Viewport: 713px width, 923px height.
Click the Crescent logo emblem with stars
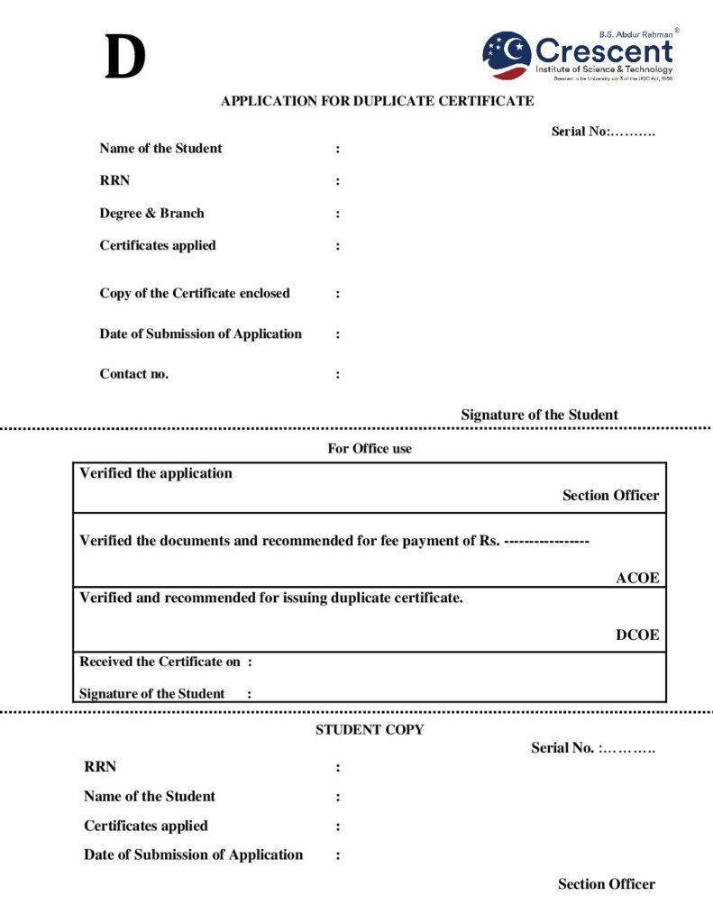[507, 55]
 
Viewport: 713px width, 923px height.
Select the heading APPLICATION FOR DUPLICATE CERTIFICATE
[377, 101]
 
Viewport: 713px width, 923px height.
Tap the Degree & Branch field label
[151, 214]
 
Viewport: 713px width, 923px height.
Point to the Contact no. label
[133, 374]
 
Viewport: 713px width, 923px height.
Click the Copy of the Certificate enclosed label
[195, 293]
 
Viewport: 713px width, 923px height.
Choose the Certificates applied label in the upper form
[158, 245]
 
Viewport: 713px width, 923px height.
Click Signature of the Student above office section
[539, 415]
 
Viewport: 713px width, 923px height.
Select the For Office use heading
[370, 448]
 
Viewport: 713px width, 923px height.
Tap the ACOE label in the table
[637, 579]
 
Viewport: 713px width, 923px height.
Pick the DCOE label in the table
[637, 635]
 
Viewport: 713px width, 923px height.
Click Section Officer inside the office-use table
[610, 495]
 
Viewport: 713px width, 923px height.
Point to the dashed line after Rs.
[546, 541]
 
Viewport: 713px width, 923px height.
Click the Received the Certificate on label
[160, 662]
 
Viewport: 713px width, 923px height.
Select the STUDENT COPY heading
[370, 730]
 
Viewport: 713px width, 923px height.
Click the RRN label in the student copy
[100, 767]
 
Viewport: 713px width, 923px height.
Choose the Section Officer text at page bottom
[606, 884]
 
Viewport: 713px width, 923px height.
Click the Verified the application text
[156, 473]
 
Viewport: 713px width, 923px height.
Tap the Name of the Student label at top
[160, 149]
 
